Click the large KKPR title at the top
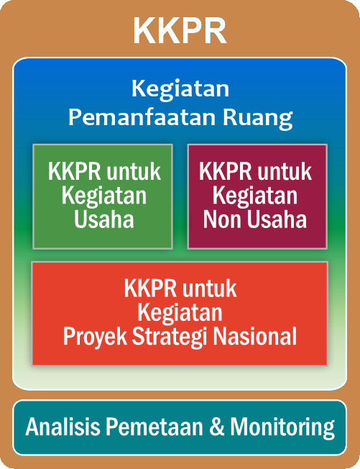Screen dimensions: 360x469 [x=180, y=31]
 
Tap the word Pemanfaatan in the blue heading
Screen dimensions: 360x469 [x=142, y=117]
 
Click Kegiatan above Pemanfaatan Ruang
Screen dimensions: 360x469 [x=180, y=90]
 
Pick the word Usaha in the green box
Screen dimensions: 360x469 [x=104, y=219]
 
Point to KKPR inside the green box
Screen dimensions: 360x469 [x=75, y=171]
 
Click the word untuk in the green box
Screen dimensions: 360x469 [x=134, y=171]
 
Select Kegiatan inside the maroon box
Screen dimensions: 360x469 [x=255, y=196]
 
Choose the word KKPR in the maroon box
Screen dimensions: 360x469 [x=225, y=171]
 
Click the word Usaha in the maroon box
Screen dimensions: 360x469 [x=277, y=219]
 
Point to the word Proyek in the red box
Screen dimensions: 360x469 [x=95, y=337]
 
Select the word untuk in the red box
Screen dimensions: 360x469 [x=210, y=288]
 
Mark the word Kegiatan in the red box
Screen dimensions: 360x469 [x=180, y=313]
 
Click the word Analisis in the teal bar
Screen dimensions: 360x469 [x=63, y=427]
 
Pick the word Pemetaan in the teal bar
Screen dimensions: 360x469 [x=154, y=427]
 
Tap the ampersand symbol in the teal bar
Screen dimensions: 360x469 [x=217, y=427]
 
